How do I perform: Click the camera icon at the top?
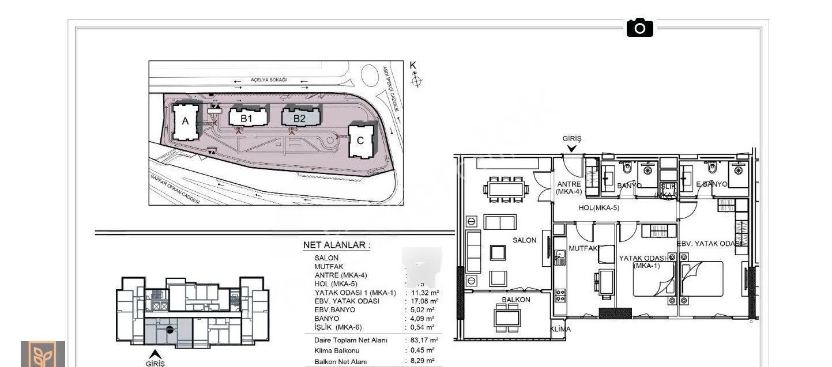(x=639, y=27)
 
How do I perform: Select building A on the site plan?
(x=185, y=121)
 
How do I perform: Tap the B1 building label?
(x=247, y=118)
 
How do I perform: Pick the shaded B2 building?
(x=300, y=118)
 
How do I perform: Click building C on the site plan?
(x=360, y=140)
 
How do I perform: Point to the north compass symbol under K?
(x=415, y=81)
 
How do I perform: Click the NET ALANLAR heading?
(x=337, y=245)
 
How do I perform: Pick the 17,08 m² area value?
(x=426, y=301)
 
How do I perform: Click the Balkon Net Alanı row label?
(x=341, y=362)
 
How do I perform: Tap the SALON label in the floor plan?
(x=524, y=240)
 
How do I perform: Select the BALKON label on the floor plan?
(x=515, y=300)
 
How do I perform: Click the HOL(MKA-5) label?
(x=598, y=208)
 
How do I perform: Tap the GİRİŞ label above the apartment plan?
(x=572, y=139)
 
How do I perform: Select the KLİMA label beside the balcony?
(x=560, y=329)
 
